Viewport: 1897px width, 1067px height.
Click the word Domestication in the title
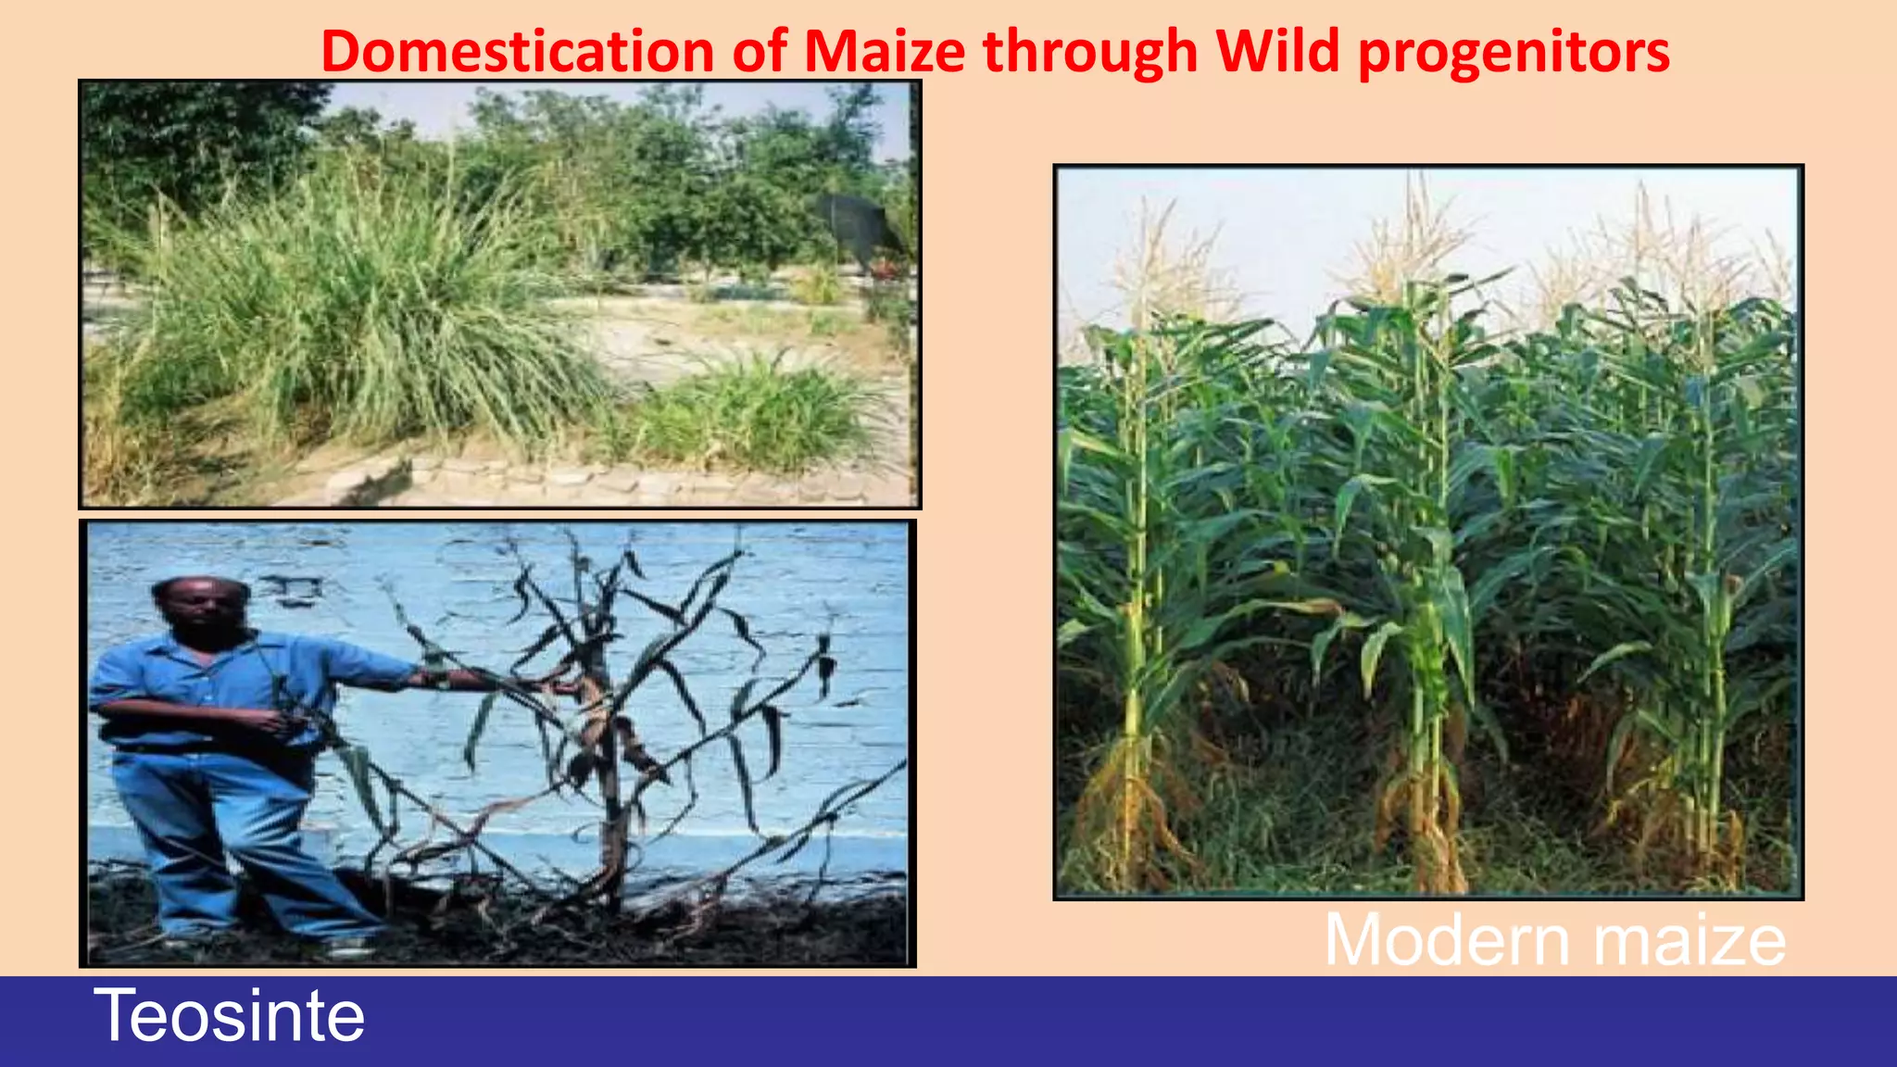click(517, 51)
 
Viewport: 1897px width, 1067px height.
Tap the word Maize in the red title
click(885, 51)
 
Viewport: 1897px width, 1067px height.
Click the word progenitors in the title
click(1514, 51)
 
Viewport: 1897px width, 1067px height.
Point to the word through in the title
click(1090, 51)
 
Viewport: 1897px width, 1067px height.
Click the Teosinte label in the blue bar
click(229, 1016)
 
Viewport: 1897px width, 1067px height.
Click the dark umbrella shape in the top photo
click(857, 227)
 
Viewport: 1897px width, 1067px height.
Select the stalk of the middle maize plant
click(1422, 648)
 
